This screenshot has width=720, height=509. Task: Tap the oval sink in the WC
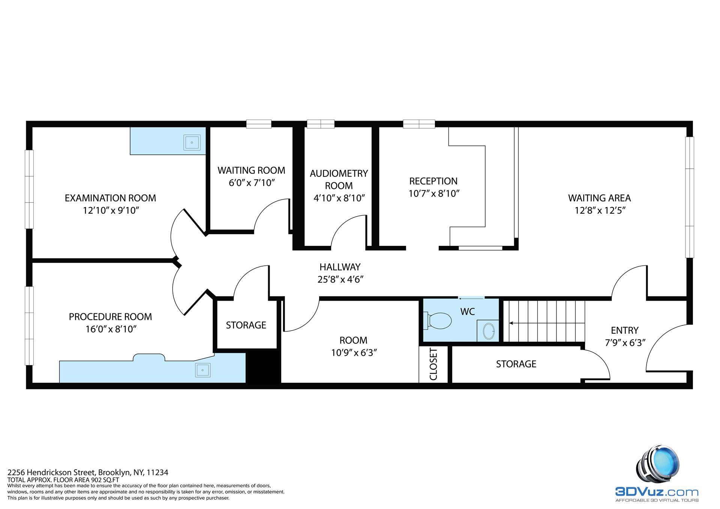pos(489,331)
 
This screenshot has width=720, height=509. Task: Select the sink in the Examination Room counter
pos(192,142)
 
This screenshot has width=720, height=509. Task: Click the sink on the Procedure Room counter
pos(202,370)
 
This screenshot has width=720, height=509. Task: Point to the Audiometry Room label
pos(339,180)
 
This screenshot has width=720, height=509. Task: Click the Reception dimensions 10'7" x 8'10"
pos(434,193)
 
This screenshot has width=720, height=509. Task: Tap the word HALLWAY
pos(340,267)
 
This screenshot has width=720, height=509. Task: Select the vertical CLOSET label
pos(433,364)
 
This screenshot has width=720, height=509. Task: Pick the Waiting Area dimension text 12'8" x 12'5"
pos(600,210)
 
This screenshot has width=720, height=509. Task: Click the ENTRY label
pos(624,330)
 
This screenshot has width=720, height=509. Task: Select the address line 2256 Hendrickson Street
pos(88,472)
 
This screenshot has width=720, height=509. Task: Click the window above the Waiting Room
pos(259,124)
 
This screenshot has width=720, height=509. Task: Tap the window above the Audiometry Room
pos(321,124)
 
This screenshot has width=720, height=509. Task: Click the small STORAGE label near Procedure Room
pos(246,325)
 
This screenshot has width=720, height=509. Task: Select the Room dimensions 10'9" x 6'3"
pos(354,353)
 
